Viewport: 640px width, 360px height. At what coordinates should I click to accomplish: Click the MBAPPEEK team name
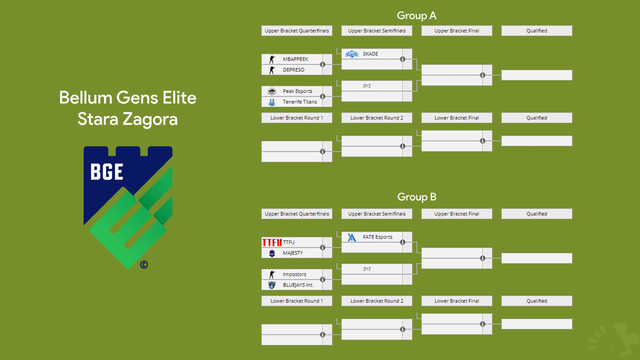click(295, 59)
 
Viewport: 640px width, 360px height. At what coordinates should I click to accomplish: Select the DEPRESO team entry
click(293, 70)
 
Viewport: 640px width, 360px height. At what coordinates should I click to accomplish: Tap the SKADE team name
click(370, 54)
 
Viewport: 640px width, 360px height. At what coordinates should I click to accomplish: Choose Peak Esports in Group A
click(298, 91)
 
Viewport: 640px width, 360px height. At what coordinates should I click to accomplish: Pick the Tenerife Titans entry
click(300, 102)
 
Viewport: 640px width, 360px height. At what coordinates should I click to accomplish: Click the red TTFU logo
click(271, 243)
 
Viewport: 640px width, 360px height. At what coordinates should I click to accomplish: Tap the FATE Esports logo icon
click(351, 237)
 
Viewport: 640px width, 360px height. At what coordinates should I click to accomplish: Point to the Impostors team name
click(294, 275)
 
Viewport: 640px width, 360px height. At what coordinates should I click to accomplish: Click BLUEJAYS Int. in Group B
click(298, 285)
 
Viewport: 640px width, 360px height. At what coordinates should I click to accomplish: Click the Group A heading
click(417, 15)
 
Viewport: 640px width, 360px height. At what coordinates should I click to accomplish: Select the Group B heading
click(417, 197)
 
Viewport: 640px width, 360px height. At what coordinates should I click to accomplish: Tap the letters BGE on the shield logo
click(107, 172)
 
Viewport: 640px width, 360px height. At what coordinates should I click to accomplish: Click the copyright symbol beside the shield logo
click(143, 264)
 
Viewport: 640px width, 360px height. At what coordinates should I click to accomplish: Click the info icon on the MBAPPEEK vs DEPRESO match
click(323, 65)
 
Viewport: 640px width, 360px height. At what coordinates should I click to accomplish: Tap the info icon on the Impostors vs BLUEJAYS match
click(323, 280)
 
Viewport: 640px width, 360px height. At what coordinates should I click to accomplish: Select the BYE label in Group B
click(367, 269)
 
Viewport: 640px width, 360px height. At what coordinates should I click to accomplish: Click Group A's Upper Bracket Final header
click(457, 31)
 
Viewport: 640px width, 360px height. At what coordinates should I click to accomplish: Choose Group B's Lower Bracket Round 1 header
click(297, 301)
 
